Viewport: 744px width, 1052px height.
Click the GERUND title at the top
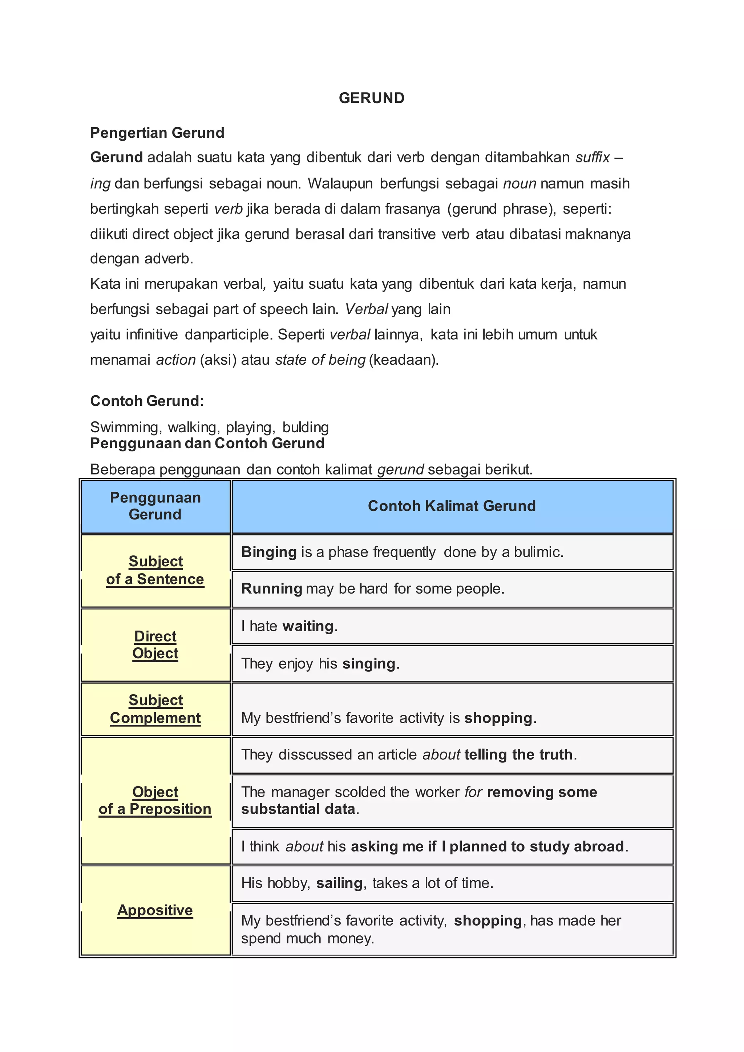click(372, 98)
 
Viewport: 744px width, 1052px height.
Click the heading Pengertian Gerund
click(157, 133)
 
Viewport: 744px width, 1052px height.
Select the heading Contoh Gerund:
click(147, 401)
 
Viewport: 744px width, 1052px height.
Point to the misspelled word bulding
click(306, 428)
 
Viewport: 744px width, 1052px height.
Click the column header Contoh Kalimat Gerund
click(452, 506)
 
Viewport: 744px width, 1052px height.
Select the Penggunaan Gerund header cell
click(155, 506)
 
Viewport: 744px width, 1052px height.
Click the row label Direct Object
click(155, 645)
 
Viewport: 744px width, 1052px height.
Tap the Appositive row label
click(155, 910)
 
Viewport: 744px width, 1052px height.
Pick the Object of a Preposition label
click(155, 801)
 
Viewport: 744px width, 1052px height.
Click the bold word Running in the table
click(271, 589)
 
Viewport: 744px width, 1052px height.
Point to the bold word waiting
click(308, 626)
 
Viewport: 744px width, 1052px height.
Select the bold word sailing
click(339, 883)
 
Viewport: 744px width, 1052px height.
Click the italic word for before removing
click(473, 792)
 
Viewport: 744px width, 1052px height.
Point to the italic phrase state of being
click(320, 360)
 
